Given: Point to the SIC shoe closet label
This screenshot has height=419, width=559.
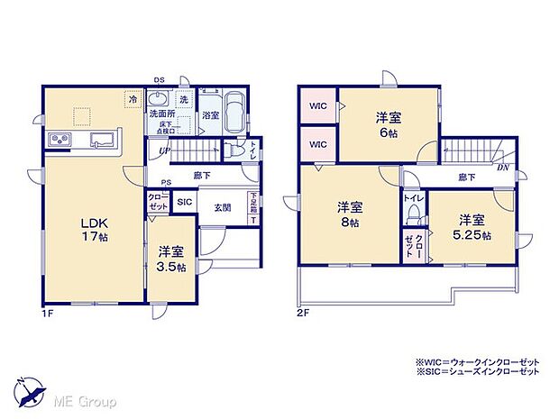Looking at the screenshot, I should pos(184,204).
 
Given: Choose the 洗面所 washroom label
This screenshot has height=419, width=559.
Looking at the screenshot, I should pos(162,115).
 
